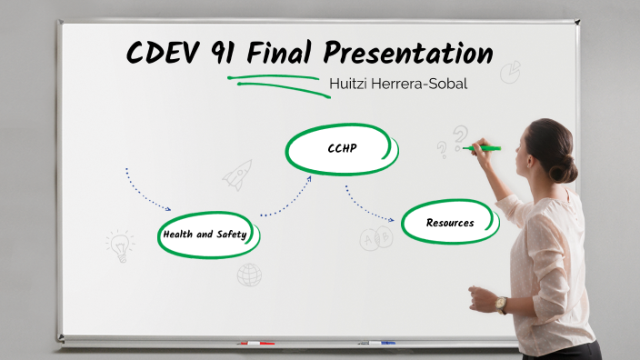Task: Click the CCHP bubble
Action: (341, 148)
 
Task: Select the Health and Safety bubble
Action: (206, 234)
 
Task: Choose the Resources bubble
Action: (450, 222)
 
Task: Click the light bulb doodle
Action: (119, 244)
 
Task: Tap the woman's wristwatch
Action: (501, 304)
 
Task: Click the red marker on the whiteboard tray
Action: (256, 344)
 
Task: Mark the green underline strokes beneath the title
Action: (273, 82)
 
